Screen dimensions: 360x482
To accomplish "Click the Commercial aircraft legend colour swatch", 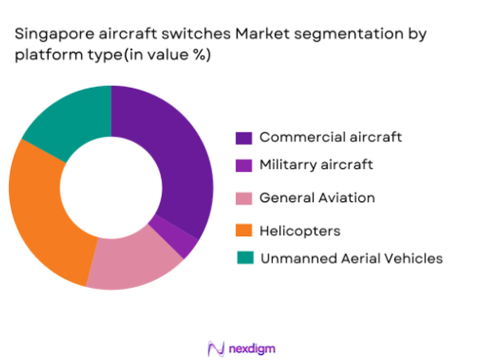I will [243, 136].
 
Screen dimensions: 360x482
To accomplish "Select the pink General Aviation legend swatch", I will [243, 198].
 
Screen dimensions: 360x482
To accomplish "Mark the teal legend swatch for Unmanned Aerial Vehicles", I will [243, 258].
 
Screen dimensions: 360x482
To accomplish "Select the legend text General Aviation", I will [316, 198].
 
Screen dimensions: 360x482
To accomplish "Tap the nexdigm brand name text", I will [251, 346].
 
